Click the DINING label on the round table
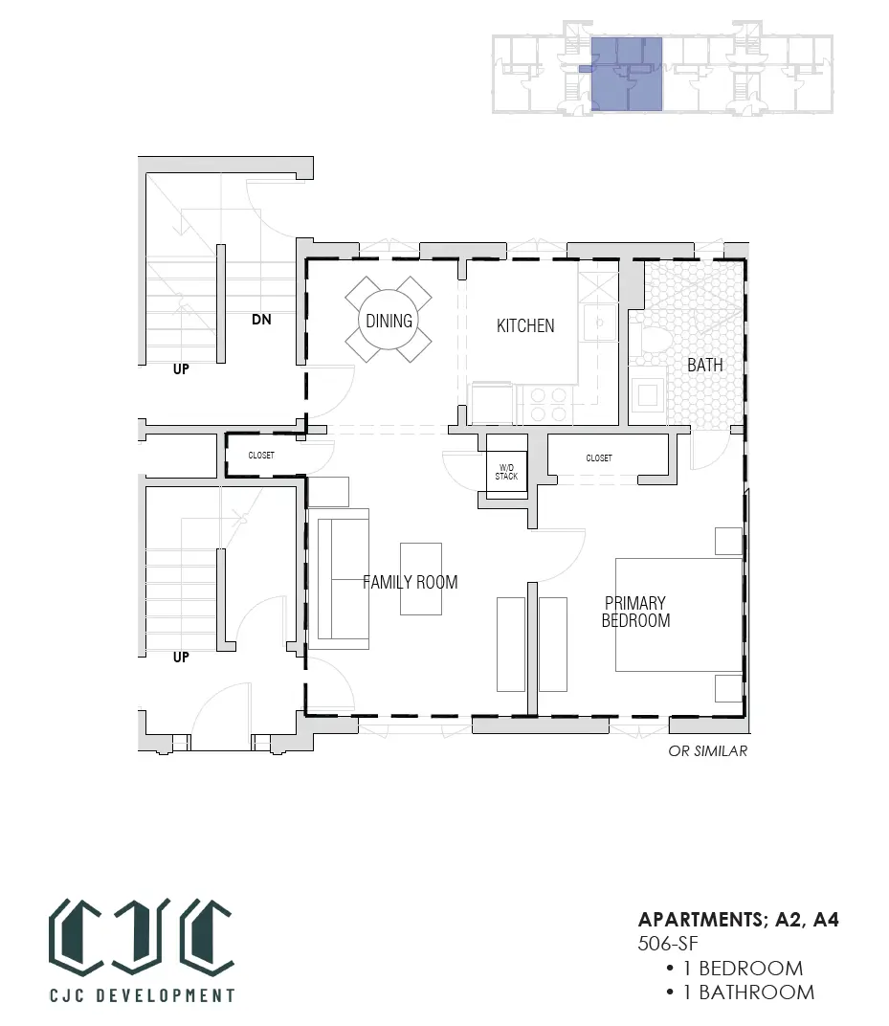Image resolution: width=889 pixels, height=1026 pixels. (389, 321)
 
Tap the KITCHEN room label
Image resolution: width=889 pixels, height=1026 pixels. (525, 325)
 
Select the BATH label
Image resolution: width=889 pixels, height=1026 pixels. (704, 365)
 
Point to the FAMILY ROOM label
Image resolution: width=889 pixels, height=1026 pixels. (411, 582)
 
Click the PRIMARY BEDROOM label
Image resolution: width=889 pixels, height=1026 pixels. (635, 612)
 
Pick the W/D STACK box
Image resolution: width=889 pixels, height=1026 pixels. (506, 471)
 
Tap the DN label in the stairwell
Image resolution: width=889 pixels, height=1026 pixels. (261, 320)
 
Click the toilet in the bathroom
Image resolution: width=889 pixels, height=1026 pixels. (649, 343)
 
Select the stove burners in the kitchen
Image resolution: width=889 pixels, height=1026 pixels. (548, 405)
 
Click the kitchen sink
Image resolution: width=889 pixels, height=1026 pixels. (599, 323)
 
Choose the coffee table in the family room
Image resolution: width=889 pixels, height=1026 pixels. (421, 578)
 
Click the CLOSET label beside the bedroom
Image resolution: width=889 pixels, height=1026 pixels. (599, 458)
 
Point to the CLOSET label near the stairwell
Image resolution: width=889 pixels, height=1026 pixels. (261, 455)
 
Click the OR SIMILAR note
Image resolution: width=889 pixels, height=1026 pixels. (707, 751)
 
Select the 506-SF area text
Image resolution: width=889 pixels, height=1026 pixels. (668, 943)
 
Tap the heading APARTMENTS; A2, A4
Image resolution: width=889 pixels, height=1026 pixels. (739, 920)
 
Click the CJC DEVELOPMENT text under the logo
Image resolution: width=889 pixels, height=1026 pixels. (142, 995)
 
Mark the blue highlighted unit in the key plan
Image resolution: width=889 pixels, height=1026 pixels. (627, 74)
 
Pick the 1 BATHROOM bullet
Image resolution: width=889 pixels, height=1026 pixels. (741, 992)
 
